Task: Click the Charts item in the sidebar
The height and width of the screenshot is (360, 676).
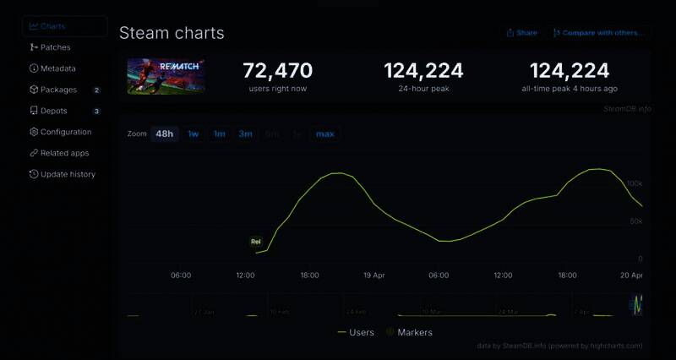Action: tap(52, 26)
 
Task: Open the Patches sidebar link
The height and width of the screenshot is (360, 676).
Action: tap(55, 47)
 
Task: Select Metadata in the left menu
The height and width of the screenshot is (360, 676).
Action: tap(57, 68)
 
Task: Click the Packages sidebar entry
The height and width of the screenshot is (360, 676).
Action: tap(58, 90)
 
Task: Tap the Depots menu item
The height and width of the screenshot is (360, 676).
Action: tap(53, 111)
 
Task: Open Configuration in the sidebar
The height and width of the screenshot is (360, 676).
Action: tap(65, 132)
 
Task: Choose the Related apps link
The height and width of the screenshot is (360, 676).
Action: tap(64, 153)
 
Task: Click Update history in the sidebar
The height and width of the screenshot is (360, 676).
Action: tap(68, 174)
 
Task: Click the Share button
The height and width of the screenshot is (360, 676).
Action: tap(521, 33)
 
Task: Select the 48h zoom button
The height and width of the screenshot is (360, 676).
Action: tap(164, 134)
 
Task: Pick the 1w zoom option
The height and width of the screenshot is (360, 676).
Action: tap(194, 134)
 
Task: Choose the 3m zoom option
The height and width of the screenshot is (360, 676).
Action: tap(245, 134)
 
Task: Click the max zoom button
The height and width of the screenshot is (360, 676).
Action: tap(324, 134)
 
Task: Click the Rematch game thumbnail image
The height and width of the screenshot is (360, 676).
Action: tap(166, 76)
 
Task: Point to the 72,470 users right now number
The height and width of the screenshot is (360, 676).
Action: tap(277, 71)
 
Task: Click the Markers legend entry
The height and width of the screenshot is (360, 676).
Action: tap(414, 332)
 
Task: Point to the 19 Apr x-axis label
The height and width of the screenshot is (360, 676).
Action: tap(374, 275)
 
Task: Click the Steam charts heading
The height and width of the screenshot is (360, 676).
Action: tap(172, 33)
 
